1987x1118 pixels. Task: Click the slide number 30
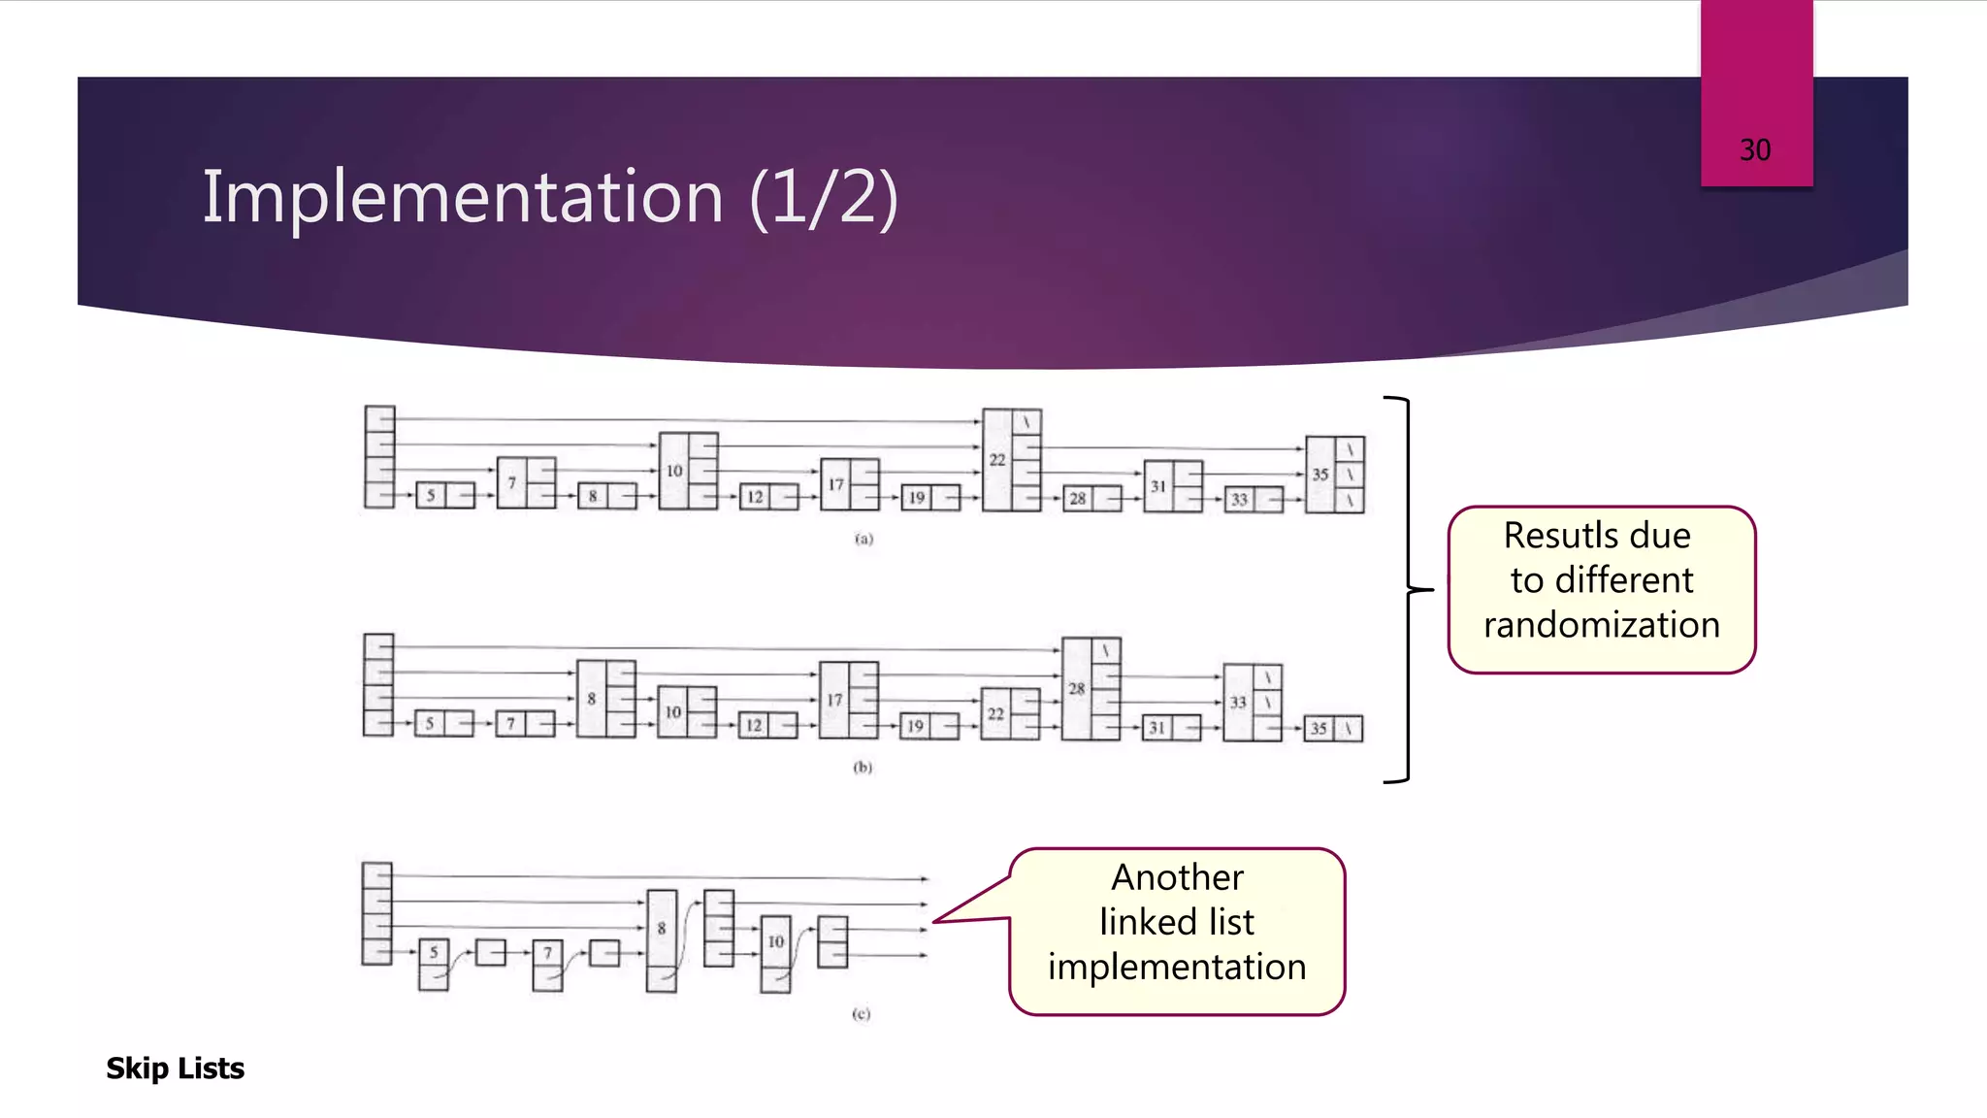click(1754, 150)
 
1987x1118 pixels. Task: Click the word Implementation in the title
click(463, 197)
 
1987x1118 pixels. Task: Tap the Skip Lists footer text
click(175, 1069)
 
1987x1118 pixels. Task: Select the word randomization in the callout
click(1601, 625)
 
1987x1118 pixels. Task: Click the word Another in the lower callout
click(1177, 877)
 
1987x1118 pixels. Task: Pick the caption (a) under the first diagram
click(863, 539)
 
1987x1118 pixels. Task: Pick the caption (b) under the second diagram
click(863, 768)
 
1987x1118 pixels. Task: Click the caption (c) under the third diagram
click(861, 1014)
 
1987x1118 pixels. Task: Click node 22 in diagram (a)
click(997, 460)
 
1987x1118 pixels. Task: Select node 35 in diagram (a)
click(1320, 475)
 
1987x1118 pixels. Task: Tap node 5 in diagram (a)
click(432, 496)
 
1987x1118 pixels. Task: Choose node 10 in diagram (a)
click(674, 471)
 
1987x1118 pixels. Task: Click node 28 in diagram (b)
click(1077, 689)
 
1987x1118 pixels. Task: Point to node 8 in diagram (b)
click(592, 699)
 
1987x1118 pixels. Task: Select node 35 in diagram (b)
click(1319, 728)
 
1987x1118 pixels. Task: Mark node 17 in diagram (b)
click(834, 700)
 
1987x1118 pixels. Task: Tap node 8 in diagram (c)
click(662, 929)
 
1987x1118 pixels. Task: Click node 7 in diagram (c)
click(547, 953)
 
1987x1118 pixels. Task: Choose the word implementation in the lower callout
click(1177, 967)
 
